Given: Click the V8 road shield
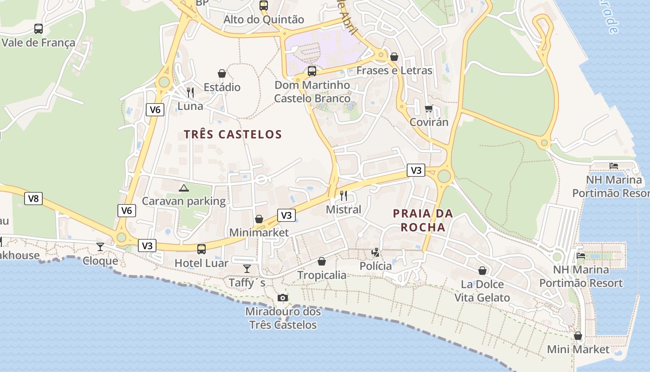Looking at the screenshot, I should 33,199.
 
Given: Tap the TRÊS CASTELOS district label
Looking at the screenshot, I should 233,134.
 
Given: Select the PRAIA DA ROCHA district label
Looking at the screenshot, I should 422,220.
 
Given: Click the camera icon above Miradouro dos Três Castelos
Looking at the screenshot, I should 282,298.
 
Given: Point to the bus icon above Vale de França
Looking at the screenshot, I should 39,29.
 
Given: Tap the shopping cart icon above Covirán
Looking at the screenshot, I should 429,108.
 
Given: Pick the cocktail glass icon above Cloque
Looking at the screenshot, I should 100,247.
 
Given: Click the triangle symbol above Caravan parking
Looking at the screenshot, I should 184,188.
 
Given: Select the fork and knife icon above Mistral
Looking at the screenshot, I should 344,196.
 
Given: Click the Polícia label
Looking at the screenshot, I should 376,266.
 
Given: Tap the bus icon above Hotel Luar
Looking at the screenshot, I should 201,249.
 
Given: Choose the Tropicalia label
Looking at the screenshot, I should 322,275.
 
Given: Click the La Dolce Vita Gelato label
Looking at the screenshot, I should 482,291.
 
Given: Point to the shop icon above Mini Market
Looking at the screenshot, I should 578,335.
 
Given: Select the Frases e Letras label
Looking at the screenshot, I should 394,71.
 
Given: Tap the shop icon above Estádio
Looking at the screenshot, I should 222,73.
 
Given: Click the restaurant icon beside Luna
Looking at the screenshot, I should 190,92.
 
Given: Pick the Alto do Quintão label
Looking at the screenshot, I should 264,20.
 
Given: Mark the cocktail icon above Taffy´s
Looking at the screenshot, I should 247,269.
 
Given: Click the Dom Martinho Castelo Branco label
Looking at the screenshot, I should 312,92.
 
